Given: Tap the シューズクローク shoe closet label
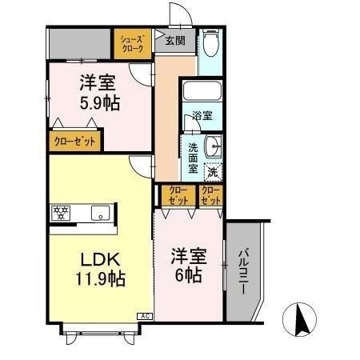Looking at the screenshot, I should click(132, 43).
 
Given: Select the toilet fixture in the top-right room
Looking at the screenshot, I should click(210, 42).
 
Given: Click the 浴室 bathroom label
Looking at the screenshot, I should click(202, 116).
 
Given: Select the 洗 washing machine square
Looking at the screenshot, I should click(213, 170).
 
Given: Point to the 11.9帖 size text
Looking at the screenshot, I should click(100, 279).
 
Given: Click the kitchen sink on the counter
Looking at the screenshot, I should click(100, 213).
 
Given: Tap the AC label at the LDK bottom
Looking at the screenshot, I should click(146, 317).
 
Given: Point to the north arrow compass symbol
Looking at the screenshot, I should click(302, 320).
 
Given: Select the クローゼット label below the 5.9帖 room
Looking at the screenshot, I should click(74, 141).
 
